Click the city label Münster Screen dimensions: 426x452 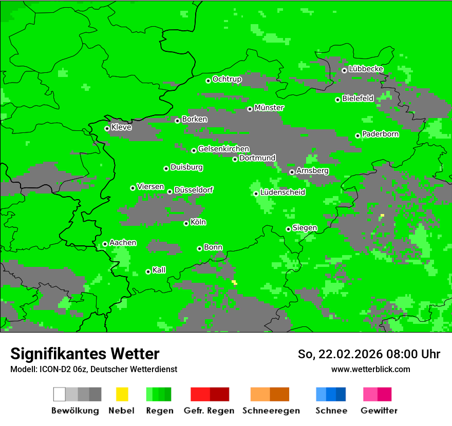(269, 108)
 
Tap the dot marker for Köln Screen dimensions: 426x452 (186, 223)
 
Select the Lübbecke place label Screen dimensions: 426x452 (366, 69)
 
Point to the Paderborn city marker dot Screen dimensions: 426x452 (357, 135)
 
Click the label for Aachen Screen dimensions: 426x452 (123, 242)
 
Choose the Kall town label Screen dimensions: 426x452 (159, 270)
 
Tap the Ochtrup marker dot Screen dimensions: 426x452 (208, 81)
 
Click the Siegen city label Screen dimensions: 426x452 (305, 228)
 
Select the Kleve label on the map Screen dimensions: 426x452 (121, 127)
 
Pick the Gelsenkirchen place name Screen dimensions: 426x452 (223, 149)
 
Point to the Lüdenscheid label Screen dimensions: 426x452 (282, 192)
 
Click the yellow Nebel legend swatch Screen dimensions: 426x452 (122, 394)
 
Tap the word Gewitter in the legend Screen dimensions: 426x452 (379, 411)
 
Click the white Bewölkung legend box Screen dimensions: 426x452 (60, 394)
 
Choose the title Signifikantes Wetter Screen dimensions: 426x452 (85, 354)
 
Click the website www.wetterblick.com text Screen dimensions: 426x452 (370, 369)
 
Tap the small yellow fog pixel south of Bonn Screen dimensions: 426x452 (235, 282)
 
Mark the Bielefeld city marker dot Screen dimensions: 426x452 (337, 100)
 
